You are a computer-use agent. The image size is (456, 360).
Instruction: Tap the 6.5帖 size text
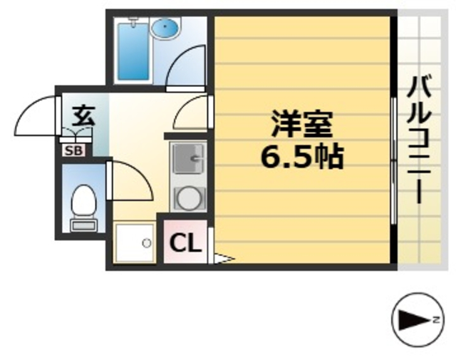point(302,156)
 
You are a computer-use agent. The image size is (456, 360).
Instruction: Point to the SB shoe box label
point(72,150)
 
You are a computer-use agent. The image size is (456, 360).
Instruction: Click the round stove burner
point(188,197)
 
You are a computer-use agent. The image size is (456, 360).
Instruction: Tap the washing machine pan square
point(135,243)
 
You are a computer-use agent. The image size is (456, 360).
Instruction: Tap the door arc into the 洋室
point(190,112)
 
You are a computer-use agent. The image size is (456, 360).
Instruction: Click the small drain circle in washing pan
point(146,243)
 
